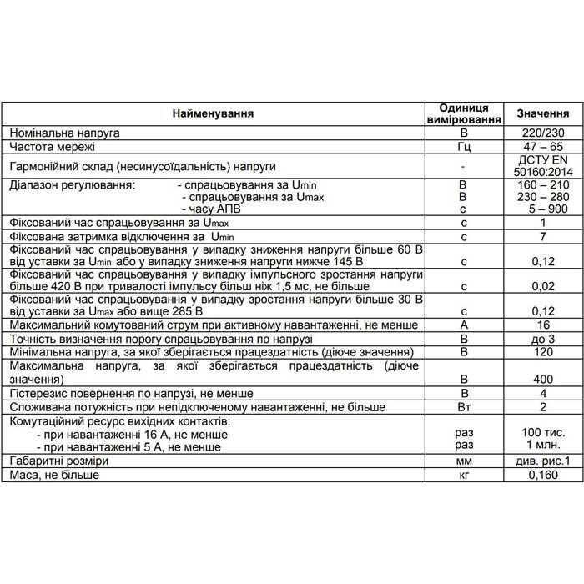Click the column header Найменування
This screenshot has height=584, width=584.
(x=213, y=113)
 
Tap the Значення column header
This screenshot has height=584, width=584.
(x=543, y=113)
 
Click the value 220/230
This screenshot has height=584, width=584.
(x=543, y=133)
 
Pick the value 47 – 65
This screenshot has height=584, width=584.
(x=543, y=148)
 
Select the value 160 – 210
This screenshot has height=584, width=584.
(x=543, y=184)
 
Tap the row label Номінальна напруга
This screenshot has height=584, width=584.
(x=64, y=133)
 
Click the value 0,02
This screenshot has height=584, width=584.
(x=543, y=286)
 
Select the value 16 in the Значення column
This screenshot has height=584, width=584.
(x=543, y=325)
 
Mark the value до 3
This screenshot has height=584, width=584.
(x=543, y=339)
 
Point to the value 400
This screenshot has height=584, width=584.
(x=543, y=379)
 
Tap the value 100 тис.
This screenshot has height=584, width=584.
(x=543, y=434)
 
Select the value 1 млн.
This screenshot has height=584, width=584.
(x=543, y=446)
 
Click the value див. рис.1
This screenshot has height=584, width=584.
(x=543, y=461)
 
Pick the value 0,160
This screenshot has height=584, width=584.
(x=543, y=475)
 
